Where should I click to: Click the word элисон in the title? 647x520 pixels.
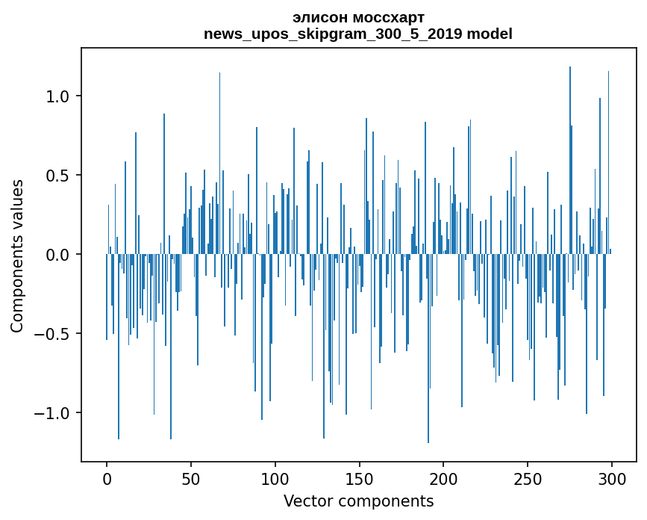(319, 17)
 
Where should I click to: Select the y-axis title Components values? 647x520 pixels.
(17, 256)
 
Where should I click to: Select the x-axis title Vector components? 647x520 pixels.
(358, 501)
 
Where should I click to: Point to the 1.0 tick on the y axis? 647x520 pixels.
(59, 96)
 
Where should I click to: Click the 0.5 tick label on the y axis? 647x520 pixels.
(59, 176)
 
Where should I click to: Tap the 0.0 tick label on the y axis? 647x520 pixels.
(59, 255)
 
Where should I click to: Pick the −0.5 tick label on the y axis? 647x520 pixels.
(54, 334)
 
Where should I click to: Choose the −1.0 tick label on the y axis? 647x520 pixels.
(54, 413)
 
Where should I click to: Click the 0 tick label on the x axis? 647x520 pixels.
(107, 478)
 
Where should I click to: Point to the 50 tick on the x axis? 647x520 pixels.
(191, 478)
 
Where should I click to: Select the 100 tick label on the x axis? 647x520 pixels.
(275, 478)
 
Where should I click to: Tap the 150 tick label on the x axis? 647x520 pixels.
(360, 478)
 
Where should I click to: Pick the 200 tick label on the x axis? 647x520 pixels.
(443, 478)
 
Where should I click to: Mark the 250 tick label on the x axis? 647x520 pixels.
(528, 478)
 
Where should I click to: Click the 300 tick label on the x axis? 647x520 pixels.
(612, 478)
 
